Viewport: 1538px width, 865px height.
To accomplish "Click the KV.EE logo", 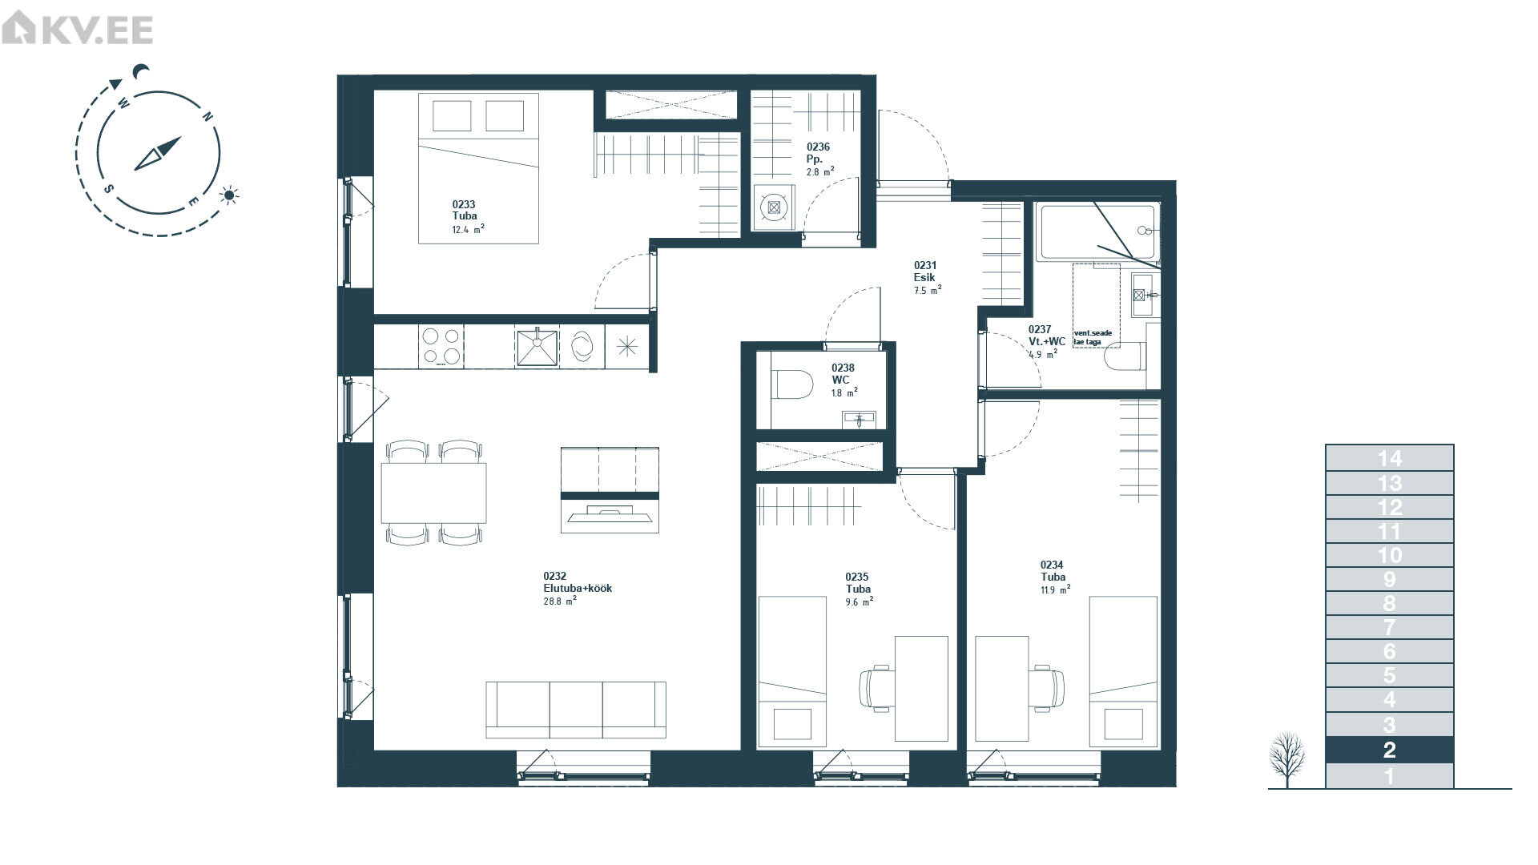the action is tap(77, 30).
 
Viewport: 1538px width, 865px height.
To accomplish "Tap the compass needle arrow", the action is tap(158, 153).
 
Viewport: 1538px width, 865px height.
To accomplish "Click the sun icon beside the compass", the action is tap(230, 195).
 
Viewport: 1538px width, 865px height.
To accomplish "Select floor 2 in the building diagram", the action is tap(1389, 750).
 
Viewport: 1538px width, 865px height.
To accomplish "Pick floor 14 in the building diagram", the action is tap(1389, 458).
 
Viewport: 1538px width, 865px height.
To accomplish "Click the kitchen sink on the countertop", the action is tap(537, 346).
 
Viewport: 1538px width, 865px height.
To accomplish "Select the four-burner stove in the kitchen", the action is tap(441, 346).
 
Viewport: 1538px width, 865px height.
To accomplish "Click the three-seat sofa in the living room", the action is tap(576, 710).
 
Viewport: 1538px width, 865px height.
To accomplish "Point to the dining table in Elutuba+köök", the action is tap(434, 493).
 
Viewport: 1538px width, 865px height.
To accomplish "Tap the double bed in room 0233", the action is tap(478, 168).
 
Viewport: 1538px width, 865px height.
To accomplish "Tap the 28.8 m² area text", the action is tap(560, 600).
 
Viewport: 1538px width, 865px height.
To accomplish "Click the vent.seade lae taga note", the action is tap(1093, 337).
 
